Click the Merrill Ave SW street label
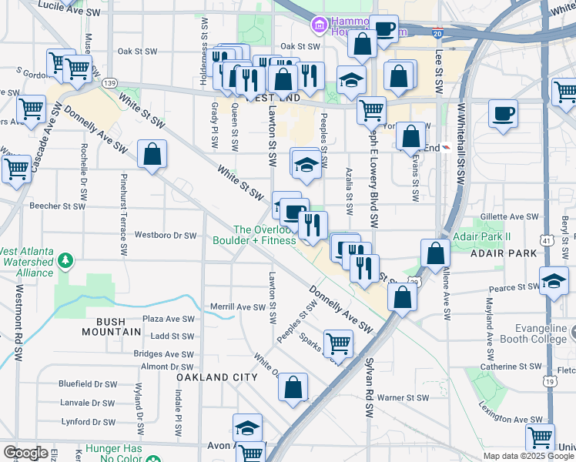[x=238, y=306]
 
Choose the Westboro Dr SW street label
[x=166, y=236]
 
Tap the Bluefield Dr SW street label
[x=89, y=383]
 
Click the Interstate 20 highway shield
[x=437, y=34]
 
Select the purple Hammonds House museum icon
[x=318, y=27]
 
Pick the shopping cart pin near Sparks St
[x=338, y=343]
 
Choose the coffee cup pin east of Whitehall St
[x=504, y=114]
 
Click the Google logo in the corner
[x=25, y=454]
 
